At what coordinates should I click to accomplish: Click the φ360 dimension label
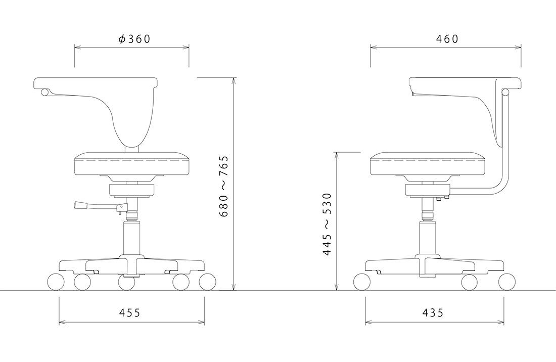point(134,39)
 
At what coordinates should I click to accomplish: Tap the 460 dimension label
point(447,39)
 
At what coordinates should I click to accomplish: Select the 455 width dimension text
point(130,313)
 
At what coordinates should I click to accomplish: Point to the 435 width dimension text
point(433,313)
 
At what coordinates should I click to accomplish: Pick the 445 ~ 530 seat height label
point(327,224)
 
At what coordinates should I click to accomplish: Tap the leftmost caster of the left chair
point(56,282)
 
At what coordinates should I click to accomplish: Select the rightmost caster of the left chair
point(207,282)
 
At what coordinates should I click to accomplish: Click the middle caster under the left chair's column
point(126,283)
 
